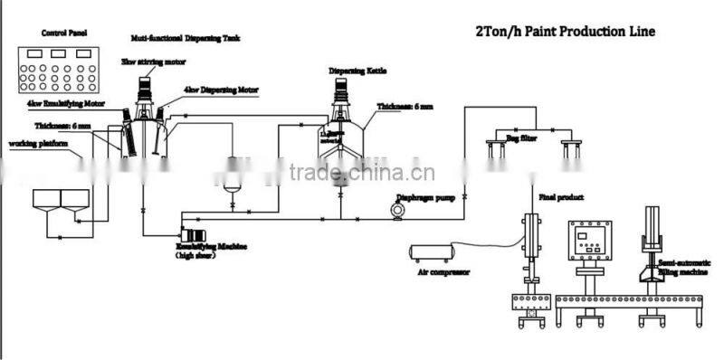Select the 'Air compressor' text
click(437, 269)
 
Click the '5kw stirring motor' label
click(148, 61)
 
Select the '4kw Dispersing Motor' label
click(221, 90)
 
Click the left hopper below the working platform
click(46, 199)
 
